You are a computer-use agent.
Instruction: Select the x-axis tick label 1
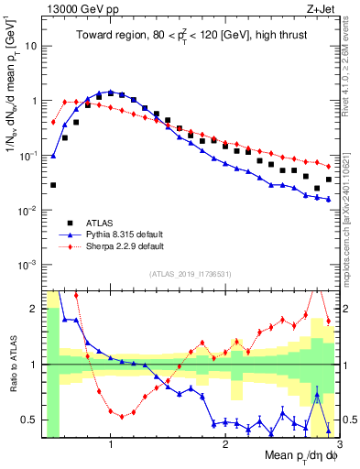(x=111, y=444)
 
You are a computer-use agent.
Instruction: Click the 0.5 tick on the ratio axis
(x=33, y=420)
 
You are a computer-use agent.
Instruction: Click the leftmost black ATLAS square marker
(x=53, y=185)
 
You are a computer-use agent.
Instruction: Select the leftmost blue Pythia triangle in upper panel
(x=53, y=156)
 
